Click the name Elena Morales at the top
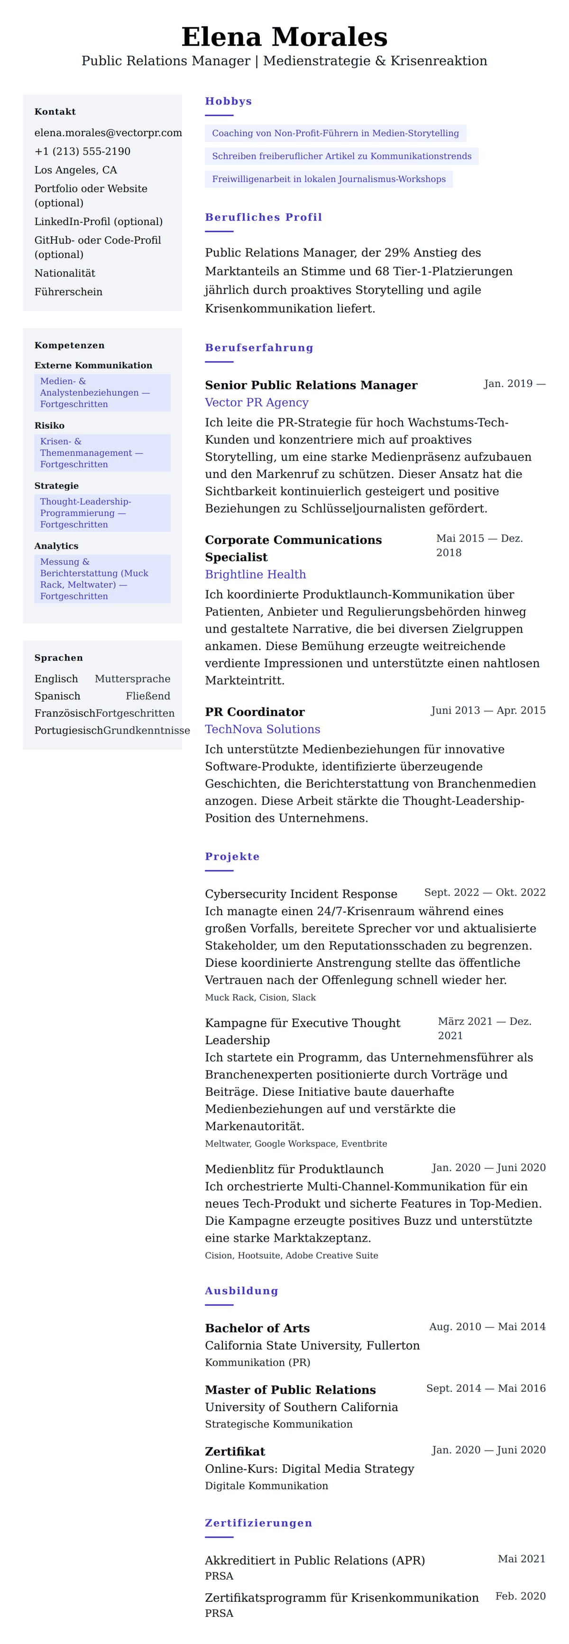tap(284, 37)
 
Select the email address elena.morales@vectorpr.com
tap(108, 133)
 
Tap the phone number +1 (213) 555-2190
tap(83, 151)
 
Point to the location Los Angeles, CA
tap(75, 170)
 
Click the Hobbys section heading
tap(229, 101)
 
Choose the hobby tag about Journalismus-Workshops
tap(329, 179)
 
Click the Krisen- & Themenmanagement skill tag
tap(102, 452)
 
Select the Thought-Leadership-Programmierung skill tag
tap(102, 513)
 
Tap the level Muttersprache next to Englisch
tap(132, 679)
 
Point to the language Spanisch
tap(57, 696)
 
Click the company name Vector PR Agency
tap(257, 402)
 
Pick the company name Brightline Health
tap(255, 574)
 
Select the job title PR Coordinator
tap(255, 712)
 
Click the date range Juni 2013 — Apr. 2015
tap(488, 710)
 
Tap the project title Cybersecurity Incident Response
tap(301, 893)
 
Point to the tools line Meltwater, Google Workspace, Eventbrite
tap(295, 1143)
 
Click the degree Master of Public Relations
tap(290, 1389)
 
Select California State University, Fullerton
tap(312, 1345)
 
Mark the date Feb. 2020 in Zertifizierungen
tap(520, 1596)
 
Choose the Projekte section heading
tap(232, 856)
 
